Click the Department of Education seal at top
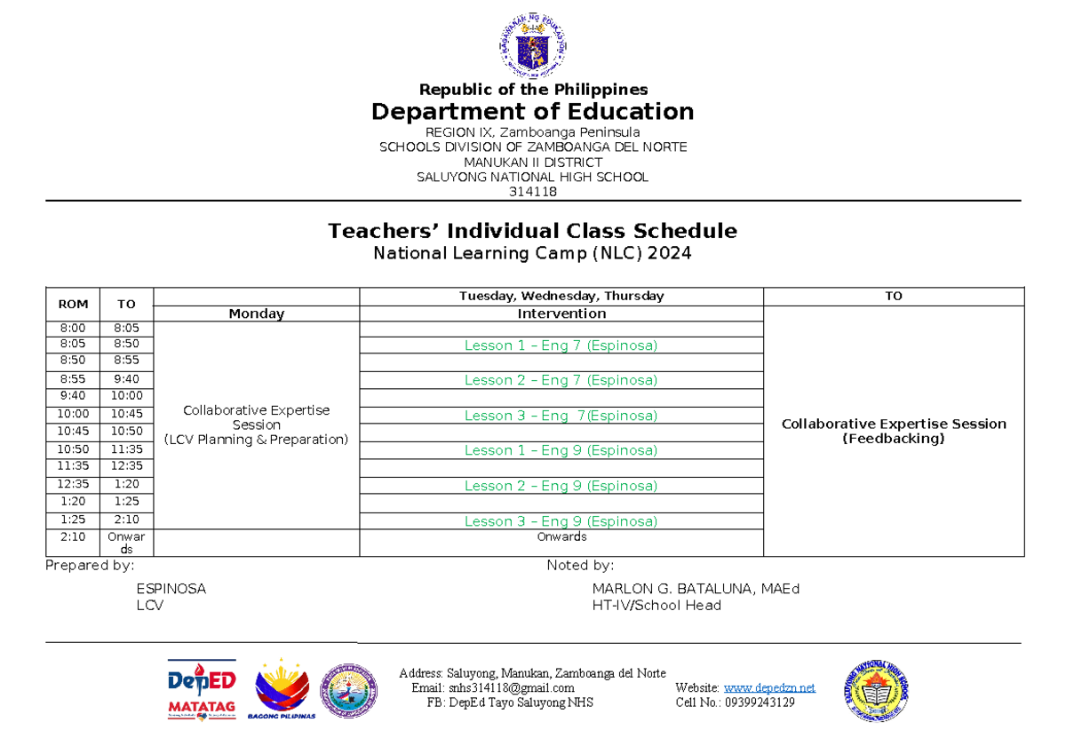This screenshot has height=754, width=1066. pyautogui.click(x=533, y=47)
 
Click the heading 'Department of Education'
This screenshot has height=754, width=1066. pyautogui.click(x=533, y=112)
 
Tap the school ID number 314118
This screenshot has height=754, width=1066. pyautogui.click(x=533, y=192)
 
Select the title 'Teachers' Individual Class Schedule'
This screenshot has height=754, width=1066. pyautogui.click(x=532, y=231)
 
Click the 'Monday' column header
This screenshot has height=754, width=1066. pyautogui.click(x=256, y=314)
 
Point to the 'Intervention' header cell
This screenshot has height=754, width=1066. pyautogui.click(x=561, y=314)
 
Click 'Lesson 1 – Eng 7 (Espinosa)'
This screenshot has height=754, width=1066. pyautogui.click(x=561, y=345)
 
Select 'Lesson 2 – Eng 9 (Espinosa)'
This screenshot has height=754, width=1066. pyautogui.click(x=561, y=486)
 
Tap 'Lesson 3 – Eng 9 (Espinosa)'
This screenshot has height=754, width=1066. pyautogui.click(x=561, y=521)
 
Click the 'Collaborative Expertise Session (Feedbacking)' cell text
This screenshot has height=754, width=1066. pyautogui.click(x=894, y=431)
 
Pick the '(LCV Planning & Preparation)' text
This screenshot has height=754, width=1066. pyautogui.click(x=256, y=440)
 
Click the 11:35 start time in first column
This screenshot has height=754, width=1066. pyautogui.click(x=73, y=466)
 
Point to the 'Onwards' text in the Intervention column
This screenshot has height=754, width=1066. pyautogui.click(x=561, y=537)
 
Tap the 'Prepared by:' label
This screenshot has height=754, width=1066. pyautogui.click(x=90, y=566)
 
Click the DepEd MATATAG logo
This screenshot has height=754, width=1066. pyautogui.click(x=202, y=689)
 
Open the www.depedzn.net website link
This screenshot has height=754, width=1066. pyautogui.click(x=769, y=688)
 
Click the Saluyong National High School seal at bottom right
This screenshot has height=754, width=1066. pyautogui.click(x=876, y=690)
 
